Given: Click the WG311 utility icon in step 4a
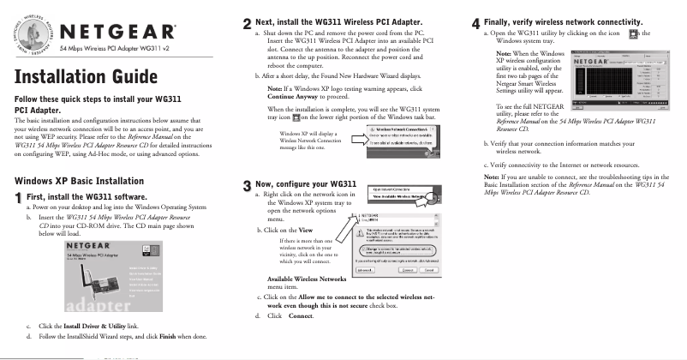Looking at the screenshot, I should [x=633, y=33].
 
